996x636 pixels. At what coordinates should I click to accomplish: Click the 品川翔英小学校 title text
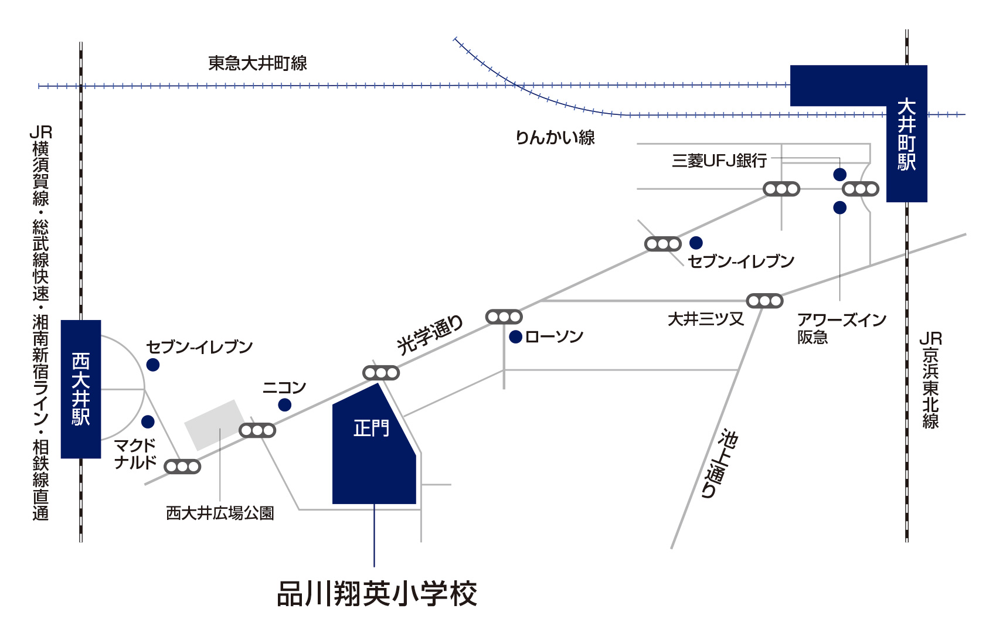(377, 594)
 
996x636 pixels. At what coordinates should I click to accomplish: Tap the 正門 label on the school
(371, 428)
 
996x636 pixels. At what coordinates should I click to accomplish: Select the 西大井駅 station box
(81, 389)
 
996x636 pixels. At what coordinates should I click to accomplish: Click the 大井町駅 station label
(906, 135)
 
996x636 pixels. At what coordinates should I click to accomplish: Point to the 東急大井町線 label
(257, 63)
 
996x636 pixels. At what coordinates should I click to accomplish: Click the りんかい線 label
(555, 137)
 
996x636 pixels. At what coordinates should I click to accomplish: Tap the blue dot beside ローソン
(516, 337)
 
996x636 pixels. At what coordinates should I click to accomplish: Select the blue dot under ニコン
(285, 405)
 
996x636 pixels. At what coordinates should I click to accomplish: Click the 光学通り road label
(430, 335)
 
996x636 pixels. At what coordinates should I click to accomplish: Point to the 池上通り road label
(719, 464)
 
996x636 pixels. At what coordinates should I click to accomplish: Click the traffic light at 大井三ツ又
(764, 301)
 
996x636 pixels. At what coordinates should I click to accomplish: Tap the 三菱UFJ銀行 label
(719, 161)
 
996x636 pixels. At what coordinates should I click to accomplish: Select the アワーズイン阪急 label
(841, 328)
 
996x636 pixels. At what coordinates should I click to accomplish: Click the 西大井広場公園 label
(220, 513)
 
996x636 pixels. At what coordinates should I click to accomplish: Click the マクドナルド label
(135, 454)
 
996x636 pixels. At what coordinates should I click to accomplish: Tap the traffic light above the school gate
(381, 373)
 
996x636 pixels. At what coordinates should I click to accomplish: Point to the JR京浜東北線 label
(930, 380)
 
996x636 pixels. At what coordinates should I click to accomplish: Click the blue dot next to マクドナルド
(148, 422)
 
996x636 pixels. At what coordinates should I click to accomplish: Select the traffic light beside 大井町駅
(860, 189)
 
